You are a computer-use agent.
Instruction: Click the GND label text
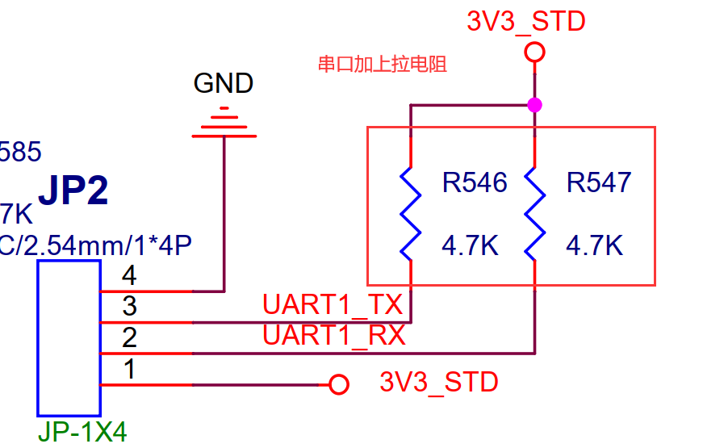click(x=224, y=83)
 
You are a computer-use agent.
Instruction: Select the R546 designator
click(x=475, y=183)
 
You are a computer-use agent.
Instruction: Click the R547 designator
click(x=599, y=183)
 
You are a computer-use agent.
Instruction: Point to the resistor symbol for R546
click(x=411, y=213)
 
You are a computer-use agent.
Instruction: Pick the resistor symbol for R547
click(x=533, y=213)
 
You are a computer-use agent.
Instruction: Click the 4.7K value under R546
click(x=470, y=245)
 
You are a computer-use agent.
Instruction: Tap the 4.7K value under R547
click(x=594, y=245)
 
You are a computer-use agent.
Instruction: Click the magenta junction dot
click(x=533, y=105)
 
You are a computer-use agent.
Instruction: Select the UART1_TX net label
click(x=333, y=305)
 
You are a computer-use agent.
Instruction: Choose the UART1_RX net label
click(x=333, y=334)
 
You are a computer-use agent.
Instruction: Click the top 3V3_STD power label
click(x=525, y=22)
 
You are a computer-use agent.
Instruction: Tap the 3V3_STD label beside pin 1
click(x=439, y=382)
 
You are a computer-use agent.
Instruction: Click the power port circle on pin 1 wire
click(x=340, y=384)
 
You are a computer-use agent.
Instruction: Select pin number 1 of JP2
click(x=128, y=370)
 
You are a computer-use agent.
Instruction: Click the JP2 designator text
click(x=73, y=191)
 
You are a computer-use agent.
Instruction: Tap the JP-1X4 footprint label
click(x=82, y=433)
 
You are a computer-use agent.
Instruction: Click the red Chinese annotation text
click(x=382, y=65)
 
